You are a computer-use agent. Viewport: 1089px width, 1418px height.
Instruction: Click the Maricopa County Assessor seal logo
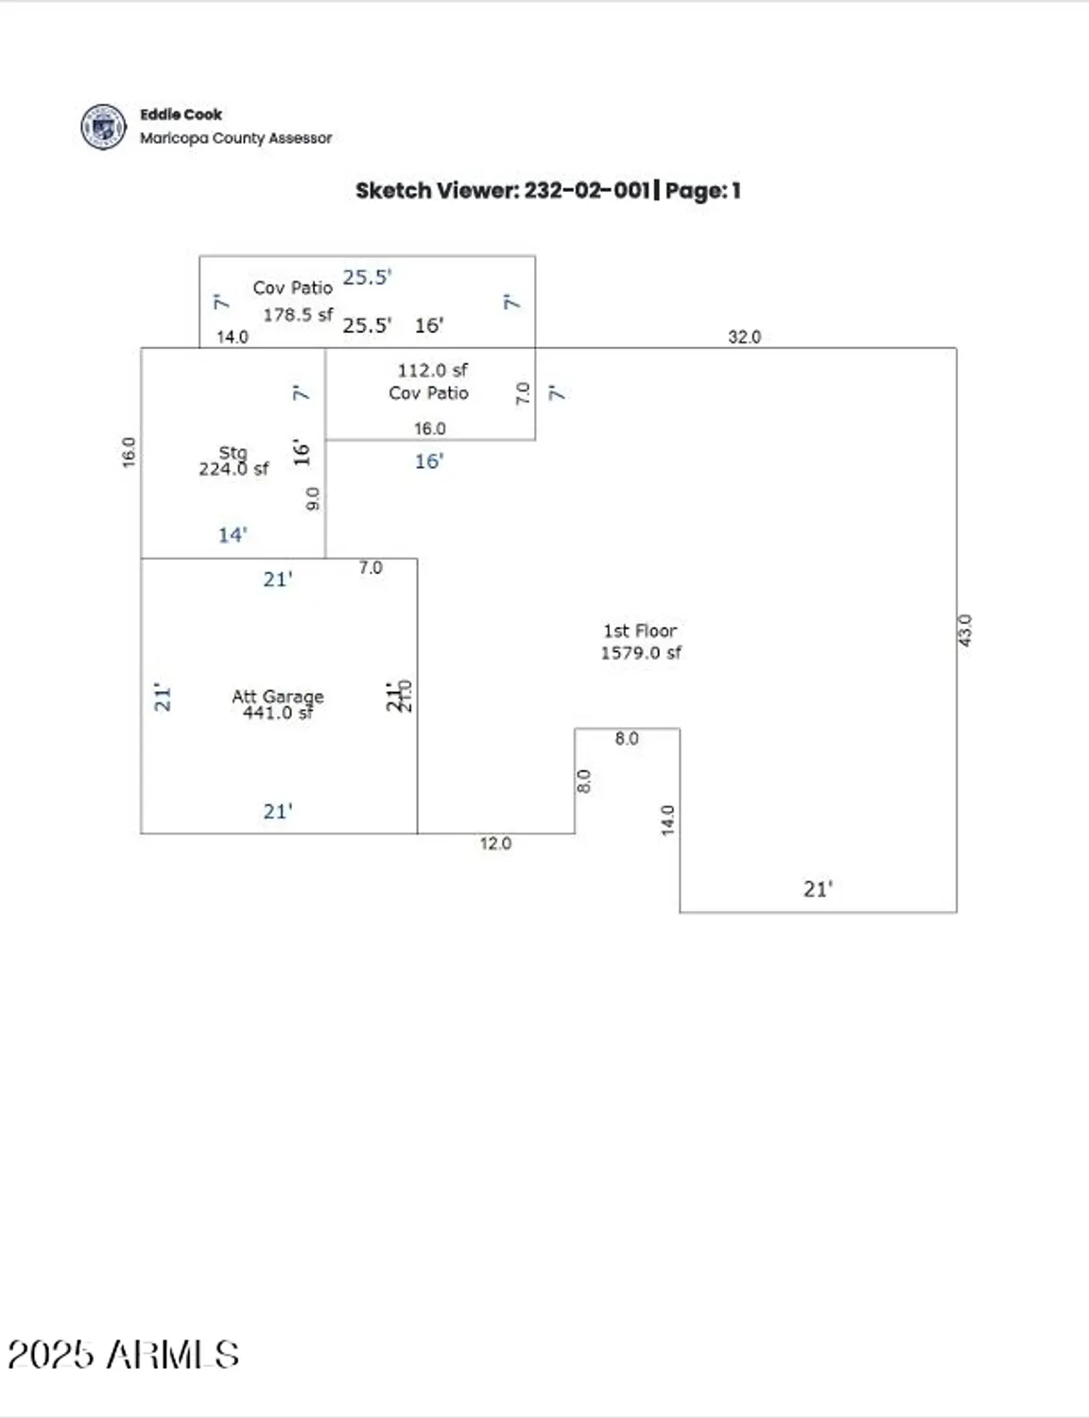[103, 127]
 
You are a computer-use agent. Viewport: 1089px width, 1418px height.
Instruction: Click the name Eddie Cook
[181, 114]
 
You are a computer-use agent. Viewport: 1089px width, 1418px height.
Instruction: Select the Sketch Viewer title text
[547, 190]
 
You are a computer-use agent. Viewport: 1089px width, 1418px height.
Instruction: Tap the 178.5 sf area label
[298, 315]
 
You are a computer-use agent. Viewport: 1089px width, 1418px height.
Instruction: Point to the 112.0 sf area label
[432, 370]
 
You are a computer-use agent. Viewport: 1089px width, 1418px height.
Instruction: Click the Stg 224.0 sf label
[233, 461]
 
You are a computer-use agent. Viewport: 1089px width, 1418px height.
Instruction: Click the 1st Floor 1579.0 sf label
[640, 642]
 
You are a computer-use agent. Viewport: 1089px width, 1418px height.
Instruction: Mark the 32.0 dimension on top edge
[744, 337]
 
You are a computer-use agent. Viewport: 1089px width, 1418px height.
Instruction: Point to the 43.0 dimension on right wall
[964, 630]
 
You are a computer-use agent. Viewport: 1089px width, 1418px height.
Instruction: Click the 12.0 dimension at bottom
[495, 843]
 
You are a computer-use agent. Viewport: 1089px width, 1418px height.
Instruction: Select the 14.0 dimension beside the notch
[667, 820]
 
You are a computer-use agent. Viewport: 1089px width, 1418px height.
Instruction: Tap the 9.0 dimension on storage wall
[313, 499]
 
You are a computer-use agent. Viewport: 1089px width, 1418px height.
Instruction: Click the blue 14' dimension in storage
[233, 535]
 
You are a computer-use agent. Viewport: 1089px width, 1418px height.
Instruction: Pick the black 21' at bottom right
[818, 889]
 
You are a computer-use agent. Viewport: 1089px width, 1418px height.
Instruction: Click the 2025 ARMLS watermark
[123, 1355]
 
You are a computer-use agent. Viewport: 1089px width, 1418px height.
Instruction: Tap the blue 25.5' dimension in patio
[367, 277]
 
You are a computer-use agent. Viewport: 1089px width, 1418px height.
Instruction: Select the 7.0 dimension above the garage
[371, 567]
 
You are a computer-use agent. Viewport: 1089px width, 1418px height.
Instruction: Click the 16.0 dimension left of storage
[129, 452]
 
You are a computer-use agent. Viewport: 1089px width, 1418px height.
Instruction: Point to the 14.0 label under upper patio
[233, 337]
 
